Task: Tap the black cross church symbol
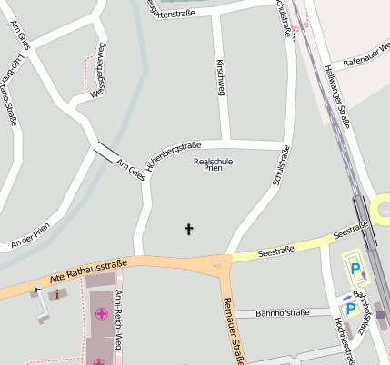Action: click(189, 230)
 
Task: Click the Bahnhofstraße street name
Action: click(270, 313)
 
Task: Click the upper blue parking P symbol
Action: click(355, 269)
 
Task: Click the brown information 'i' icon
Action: click(57, 294)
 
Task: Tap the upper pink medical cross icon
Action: click(100, 314)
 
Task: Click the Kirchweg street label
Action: click(221, 78)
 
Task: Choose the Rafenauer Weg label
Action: click(367, 55)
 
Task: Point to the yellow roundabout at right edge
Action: click(382, 211)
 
